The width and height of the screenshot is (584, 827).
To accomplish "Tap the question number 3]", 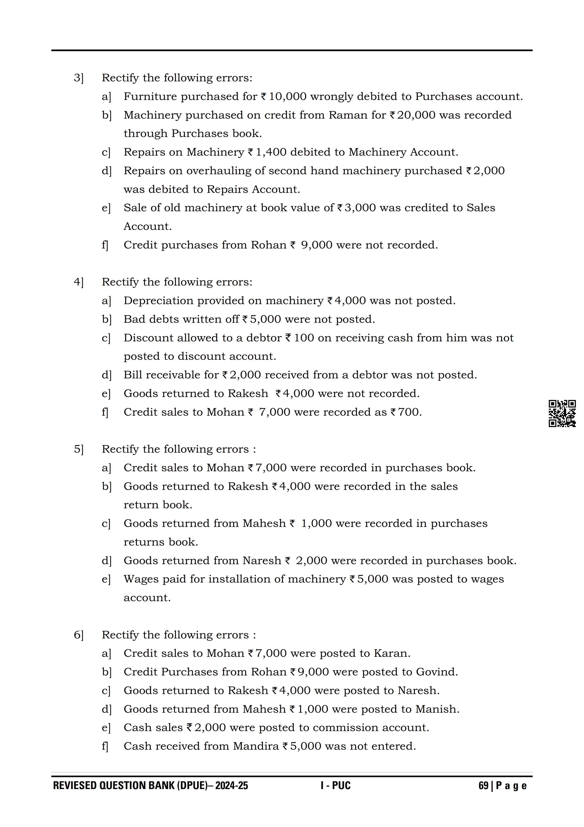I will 78,78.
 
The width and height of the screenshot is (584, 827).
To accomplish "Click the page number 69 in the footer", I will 483,786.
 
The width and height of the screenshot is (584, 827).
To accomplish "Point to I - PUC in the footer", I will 335,786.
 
